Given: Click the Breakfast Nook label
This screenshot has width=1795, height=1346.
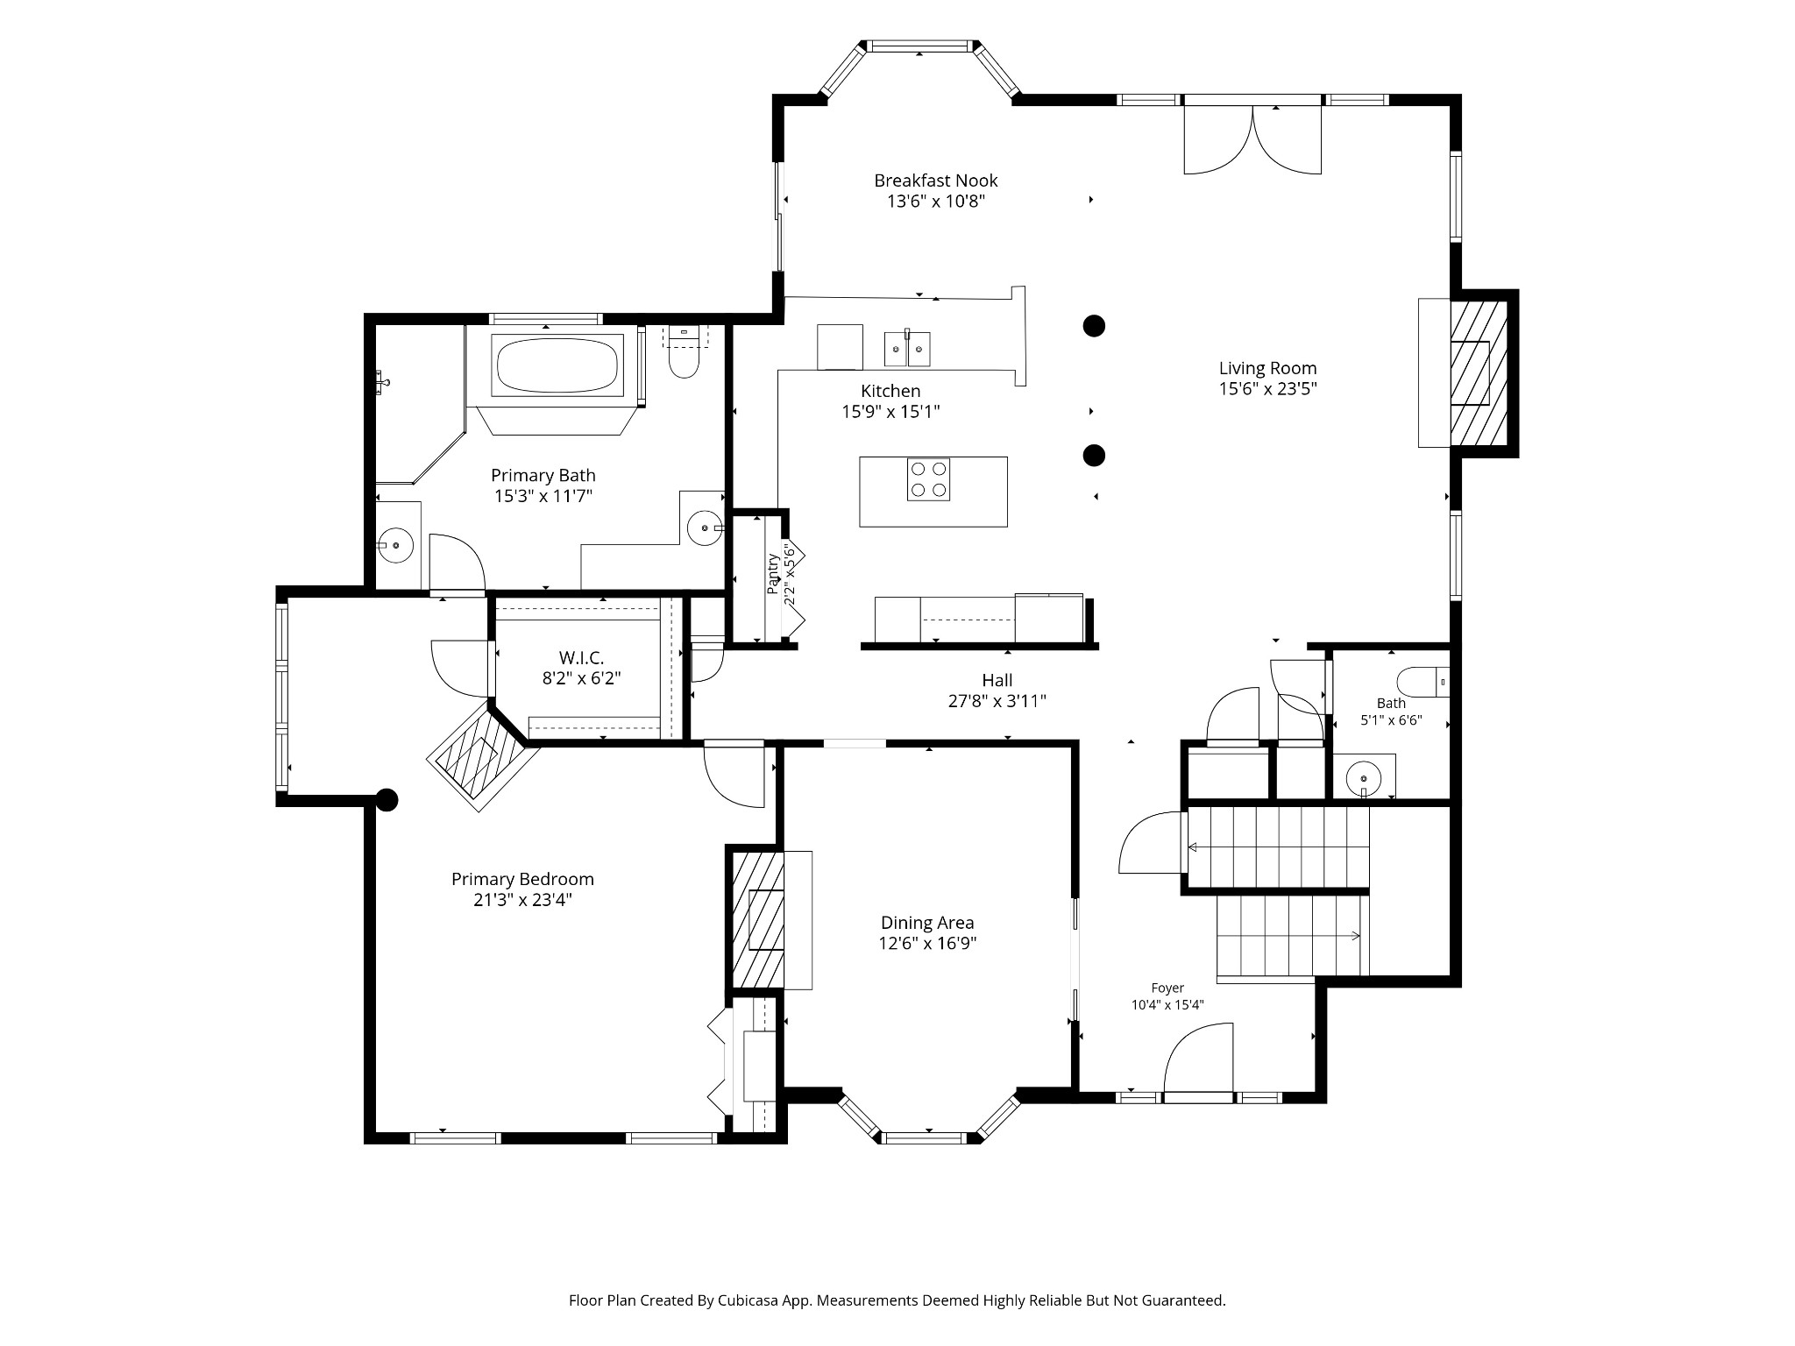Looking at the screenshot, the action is pos(935,181).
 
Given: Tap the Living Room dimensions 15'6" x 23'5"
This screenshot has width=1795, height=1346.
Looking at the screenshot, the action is pos(1267,389).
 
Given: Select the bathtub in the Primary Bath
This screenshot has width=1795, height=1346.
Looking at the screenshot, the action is pos(556,365).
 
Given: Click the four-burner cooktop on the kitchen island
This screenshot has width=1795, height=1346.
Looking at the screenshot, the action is pos(928,479).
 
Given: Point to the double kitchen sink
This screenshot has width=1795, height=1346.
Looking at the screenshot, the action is pos(906,349).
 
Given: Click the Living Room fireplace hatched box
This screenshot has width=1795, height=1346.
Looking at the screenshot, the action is pos(1479,373).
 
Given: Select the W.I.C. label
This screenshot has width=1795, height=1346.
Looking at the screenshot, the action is pos(581,658).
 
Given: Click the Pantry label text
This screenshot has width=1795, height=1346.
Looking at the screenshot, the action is pos(772,574).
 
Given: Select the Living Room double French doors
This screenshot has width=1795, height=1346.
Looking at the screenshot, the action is pos(1253,138).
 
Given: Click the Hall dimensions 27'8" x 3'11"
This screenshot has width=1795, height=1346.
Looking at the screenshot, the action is pos(997,701).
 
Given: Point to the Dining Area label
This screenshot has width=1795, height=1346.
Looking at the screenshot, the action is pos(927,923).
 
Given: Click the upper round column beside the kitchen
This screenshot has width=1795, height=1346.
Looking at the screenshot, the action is pos(1094,326).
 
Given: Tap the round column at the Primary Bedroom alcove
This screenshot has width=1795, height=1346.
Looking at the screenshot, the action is pos(387,799).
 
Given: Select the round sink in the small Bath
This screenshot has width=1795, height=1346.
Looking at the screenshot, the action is pos(1364,777).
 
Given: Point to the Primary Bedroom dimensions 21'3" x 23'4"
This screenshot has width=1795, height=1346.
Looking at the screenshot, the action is pos(522,900).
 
